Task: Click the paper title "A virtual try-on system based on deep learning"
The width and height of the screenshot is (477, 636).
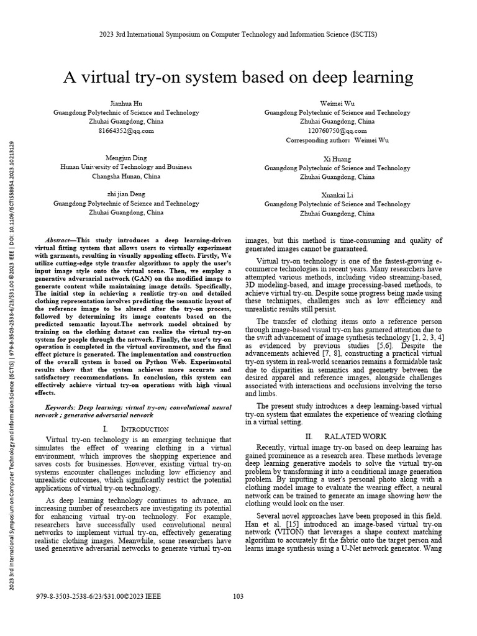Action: (x=238, y=78)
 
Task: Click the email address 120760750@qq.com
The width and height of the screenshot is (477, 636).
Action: (x=337, y=131)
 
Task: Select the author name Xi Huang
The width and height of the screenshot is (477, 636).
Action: (x=337, y=159)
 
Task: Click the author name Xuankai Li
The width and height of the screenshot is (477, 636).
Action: (x=337, y=195)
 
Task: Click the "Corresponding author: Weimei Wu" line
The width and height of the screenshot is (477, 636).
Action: (x=337, y=140)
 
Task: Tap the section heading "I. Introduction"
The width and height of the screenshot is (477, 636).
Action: (x=135, y=429)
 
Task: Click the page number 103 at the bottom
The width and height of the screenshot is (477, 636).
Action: (x=238, y=596)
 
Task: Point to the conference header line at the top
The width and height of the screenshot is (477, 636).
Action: (x=238, y=35)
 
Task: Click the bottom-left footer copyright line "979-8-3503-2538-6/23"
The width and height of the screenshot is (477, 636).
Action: (x=99, y=596)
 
